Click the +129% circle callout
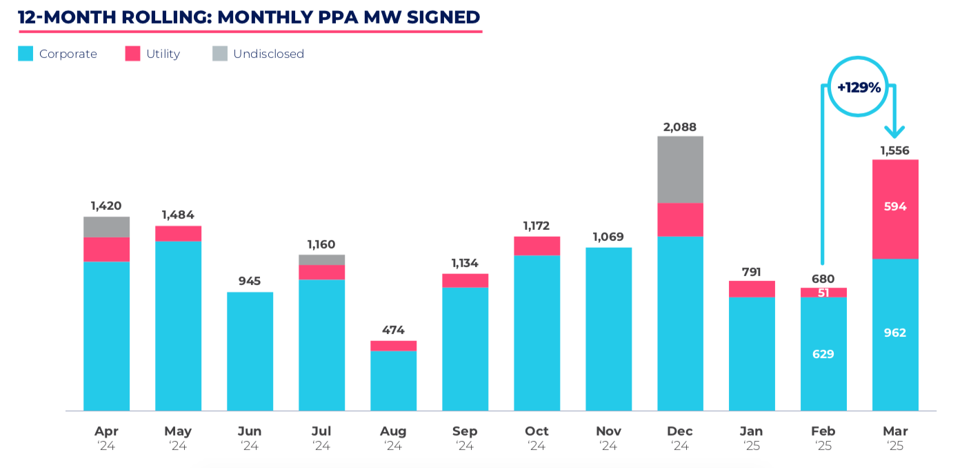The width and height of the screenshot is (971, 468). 859,88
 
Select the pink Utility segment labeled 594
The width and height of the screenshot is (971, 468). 895,207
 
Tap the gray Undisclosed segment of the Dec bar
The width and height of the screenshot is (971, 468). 680,169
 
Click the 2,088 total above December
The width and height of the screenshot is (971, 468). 680,127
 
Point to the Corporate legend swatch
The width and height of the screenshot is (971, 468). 26,54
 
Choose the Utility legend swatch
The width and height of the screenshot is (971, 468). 132,54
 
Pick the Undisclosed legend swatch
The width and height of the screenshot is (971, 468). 219,54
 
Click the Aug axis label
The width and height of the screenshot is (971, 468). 393,431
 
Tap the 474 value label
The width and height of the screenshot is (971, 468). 393,330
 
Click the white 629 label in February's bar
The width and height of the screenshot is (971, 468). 823,354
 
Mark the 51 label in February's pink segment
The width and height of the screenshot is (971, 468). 823,293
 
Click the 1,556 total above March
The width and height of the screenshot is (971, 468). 895,150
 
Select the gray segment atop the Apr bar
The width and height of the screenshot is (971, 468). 106,227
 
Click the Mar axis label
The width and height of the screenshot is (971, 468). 895,431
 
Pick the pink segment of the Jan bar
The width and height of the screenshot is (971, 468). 752,289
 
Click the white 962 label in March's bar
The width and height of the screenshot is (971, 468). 895,333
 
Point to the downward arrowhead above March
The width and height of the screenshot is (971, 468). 895,131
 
